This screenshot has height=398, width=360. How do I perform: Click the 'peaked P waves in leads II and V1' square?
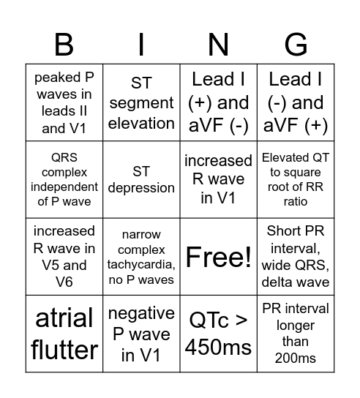click(64, 103)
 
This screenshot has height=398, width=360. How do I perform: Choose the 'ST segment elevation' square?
click(141, 103)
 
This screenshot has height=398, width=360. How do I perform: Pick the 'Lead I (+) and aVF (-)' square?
click(218, 103)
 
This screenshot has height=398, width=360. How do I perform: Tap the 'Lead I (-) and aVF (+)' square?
click(296, 103)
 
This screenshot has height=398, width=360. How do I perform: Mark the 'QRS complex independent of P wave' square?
click(64, 180)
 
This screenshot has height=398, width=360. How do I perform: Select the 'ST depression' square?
click(141, 180)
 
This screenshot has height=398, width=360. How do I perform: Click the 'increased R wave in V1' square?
click(218, 180)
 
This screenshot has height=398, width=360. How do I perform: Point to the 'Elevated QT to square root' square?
click(296, 180)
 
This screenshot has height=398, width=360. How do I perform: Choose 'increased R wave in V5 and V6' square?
click(64, 256)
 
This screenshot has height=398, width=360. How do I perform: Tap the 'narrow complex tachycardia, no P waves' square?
click(141, 256)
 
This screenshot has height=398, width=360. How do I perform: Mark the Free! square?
click(218, 257)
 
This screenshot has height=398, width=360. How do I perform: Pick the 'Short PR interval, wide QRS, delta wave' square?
click(296, 256)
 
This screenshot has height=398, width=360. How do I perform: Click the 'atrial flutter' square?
click(64, 334)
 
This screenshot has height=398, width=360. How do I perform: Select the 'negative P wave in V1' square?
click(141, 334)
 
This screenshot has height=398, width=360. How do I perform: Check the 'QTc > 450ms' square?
click(218, 334)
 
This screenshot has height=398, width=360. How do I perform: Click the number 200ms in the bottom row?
click(296, 358)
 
